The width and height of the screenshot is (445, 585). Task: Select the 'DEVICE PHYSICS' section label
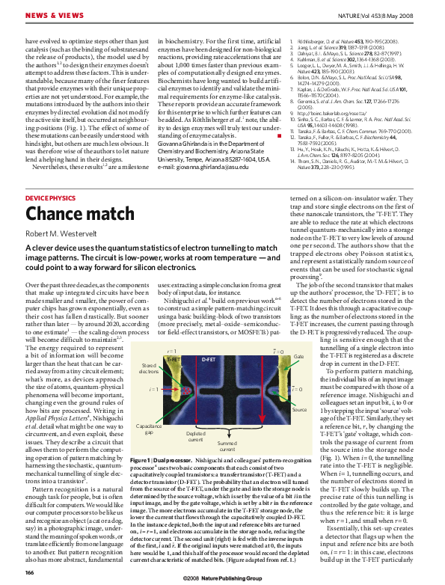[x=50, y=176]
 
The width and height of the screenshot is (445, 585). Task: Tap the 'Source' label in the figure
[x=300, y=409]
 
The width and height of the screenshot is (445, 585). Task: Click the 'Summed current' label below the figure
[x=227, y=445]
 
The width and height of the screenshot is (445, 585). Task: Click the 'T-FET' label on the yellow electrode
[x=174, y=360]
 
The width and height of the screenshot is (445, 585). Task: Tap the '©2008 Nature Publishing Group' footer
[x=222, y=579]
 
